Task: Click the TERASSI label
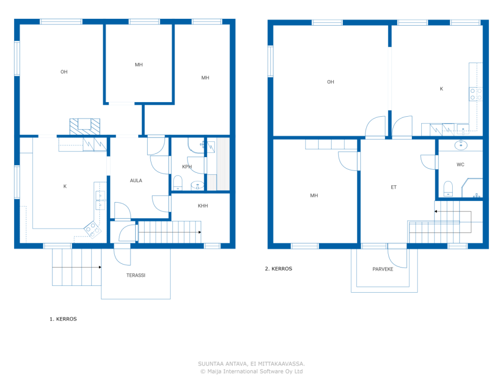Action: click(x=136, y=275)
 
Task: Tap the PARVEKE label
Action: click(x=382, y=269)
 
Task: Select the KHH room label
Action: click(x=202, y=205)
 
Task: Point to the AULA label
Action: click(x=136, y=180)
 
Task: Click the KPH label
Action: click(x=187, y=167)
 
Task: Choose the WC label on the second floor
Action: click(x=460, y=165)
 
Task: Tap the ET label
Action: click(x=393, y=187)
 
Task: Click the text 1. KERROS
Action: click(x=63, y=319)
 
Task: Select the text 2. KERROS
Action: click(x=279, y=269)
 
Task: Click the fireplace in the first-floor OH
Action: click(x=84, y=126)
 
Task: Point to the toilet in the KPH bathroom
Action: click(x=178, y=183)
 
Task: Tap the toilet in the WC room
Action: click(x=448, y=188)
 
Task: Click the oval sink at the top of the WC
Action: click(x=461, y=145)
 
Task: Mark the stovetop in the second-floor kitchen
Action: click(x=475, y=94)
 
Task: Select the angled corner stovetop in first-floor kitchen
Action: click(x=93, y=230)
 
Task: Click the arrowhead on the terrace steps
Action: click(x=100, y=267)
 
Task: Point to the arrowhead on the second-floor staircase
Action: click(x=436, y=211)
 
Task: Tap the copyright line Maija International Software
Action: click(x=251, y=371)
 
